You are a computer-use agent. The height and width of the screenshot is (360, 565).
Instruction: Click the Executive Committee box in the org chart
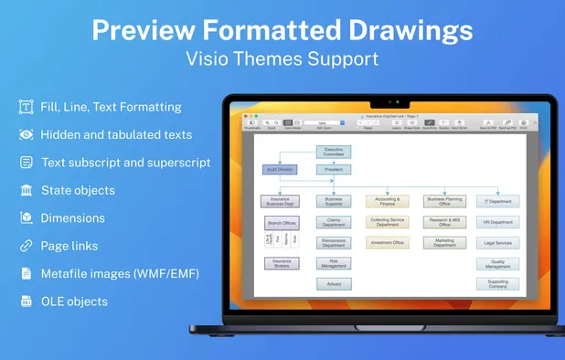[334, 152]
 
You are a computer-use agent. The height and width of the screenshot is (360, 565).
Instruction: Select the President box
[334, 169]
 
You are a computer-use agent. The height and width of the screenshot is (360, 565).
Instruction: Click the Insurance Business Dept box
[281, 201]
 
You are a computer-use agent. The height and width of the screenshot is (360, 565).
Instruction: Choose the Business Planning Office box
[444, 201]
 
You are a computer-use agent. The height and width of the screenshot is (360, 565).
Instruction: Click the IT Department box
[497, 201]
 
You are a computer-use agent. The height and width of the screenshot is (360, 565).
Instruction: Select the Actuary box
[334, 284]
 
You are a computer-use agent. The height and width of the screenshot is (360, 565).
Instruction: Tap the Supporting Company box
[497, 284]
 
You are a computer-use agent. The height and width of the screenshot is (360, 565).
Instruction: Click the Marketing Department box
[444, 242]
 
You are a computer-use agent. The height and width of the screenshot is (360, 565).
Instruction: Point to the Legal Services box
[497, 242]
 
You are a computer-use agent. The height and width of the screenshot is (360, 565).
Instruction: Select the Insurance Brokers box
[281, 263]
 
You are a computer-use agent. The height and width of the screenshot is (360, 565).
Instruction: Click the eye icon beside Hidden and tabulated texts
[26, 134]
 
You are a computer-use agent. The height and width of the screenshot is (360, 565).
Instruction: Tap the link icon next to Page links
[26, 246]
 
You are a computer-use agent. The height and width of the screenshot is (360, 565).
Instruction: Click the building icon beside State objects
[26, 190]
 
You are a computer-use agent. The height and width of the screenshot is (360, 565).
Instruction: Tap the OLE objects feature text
[74, 302]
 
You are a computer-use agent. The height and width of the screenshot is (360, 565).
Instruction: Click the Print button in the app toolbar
[524, 122]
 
